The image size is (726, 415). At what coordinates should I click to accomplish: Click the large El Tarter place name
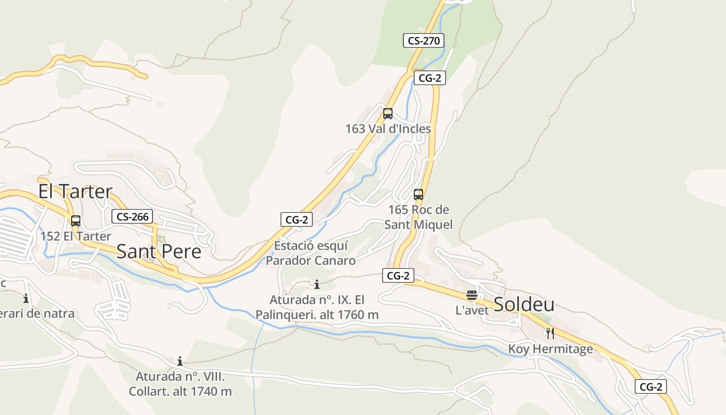coord(75,191)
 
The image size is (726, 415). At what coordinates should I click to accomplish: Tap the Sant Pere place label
coord(159,252)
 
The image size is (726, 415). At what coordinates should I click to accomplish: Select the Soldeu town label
coord(524,305)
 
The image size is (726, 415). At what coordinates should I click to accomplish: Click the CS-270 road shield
coord(424,40)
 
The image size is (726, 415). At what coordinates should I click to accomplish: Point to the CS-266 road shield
coord(132,216)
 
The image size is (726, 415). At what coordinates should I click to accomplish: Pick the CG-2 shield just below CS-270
coord(429,78)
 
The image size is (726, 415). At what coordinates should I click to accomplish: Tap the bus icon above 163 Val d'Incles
coord(388,114)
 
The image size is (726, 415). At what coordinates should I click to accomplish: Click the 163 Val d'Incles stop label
coord(388,129)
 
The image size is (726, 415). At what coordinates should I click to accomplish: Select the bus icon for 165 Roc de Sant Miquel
coord(418,195)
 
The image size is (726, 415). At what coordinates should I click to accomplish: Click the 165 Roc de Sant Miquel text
coord(418,217)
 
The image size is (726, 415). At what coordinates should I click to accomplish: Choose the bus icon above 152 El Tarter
coord(76,221)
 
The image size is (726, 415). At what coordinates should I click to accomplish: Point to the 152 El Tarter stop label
coord(76,237)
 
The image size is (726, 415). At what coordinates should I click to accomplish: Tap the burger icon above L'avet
coord(472,296)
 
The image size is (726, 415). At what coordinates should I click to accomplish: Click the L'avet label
coord(472,310)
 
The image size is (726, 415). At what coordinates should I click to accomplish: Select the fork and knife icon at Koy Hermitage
coord(550,334)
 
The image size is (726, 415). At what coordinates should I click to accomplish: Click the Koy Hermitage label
coord(550,349)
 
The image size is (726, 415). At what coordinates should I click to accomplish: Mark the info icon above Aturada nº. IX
coord(317,284)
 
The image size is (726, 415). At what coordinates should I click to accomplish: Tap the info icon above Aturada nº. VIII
coord(180,361)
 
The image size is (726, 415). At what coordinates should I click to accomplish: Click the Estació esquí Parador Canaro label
coord(311,253)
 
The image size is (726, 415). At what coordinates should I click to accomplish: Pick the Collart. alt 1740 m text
coord(180,391)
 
